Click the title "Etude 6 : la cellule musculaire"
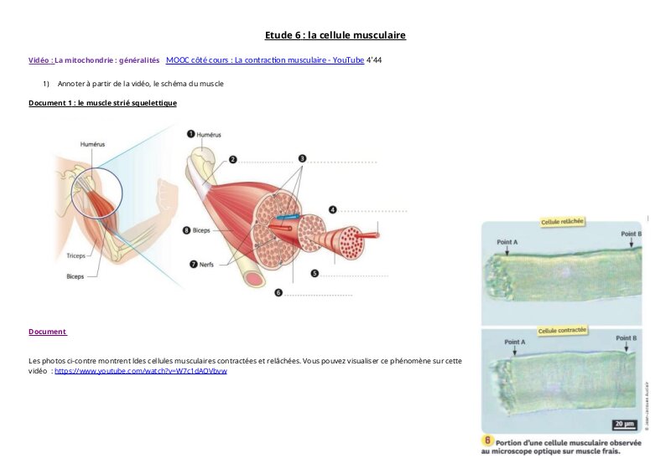335,35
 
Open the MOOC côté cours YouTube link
265,60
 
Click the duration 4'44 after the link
374,60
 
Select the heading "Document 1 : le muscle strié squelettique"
102,103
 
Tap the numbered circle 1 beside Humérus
190,133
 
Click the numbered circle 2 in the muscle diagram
233,158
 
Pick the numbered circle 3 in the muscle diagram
302,157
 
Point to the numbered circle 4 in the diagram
332,209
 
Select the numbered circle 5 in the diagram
314,272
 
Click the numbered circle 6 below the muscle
278,293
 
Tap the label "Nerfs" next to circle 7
206,265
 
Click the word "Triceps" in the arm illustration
76,255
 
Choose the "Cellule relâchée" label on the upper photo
562,222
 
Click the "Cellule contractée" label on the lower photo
562,331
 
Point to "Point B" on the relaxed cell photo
631,234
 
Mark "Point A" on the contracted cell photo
515,342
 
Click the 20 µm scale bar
624,424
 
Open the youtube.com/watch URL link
141,370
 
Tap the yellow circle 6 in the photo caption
486,441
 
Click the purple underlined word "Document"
47,332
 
